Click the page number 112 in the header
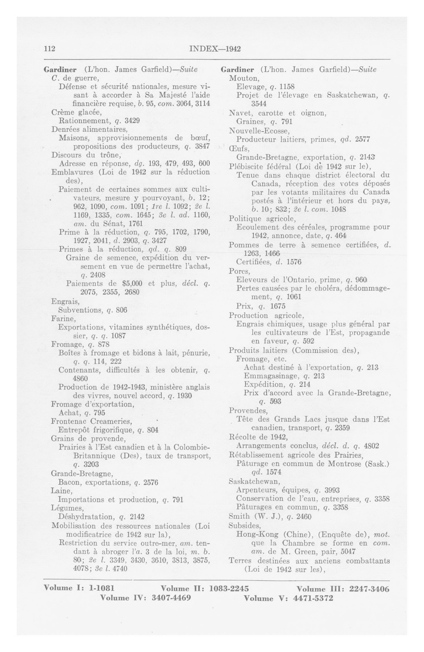(x=50, y=49)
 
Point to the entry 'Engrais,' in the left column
(x=65, y=301)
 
